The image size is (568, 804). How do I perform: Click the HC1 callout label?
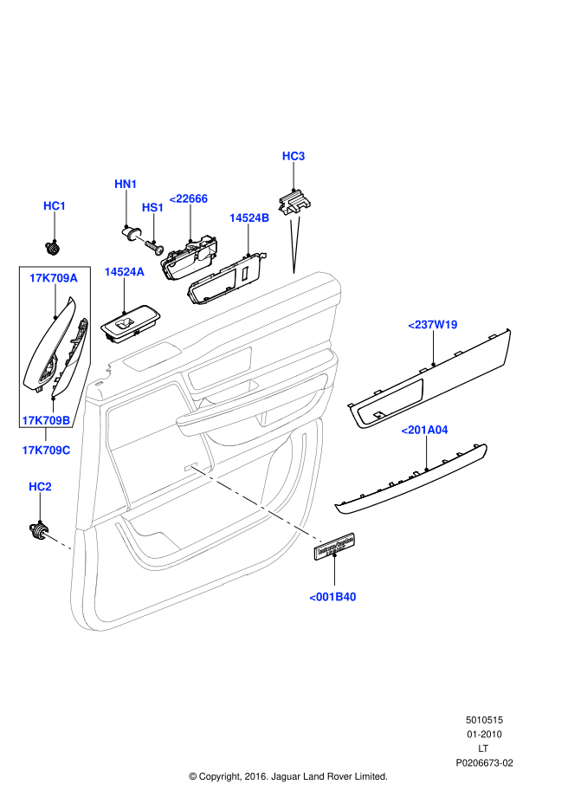pyautogui.click(x=55, y=206)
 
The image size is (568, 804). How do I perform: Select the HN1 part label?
pyautogui.click(x=126, y=185)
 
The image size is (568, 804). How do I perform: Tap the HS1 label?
pyautogui.click(x=152, y=208)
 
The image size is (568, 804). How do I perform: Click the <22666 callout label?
pyautogui.click(x=188, y=198)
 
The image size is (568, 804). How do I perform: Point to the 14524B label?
pyautogui.click(x=249, y=218)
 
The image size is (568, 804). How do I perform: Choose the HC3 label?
pyautogui.click(x=294, y=156)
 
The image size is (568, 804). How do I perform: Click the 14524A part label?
pyautogui.click(x=124, y=272)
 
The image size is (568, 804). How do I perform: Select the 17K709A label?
pyautogui.click(x=53, y=278)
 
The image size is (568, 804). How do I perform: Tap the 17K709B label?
pyautogui.click(x=46, y=420)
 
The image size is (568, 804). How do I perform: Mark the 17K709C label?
pyautogui.click(x=46, y=451)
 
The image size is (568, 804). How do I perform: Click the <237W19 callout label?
pyautogui.click(x=433, y=325)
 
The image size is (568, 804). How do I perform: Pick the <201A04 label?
pyautogui.click(x=424, y=429)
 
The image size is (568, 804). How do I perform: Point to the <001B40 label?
pyautogui.click(x=333, y=597)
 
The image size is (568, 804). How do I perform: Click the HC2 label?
pyautogui.click(x=40, y=488)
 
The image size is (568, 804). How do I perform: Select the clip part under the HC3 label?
pyautogui.click(x=297, y=201)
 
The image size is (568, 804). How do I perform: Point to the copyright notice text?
pyautogui.click(x=287, y=776)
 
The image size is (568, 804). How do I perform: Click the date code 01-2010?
pyautogui.click(x=484, y=735)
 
